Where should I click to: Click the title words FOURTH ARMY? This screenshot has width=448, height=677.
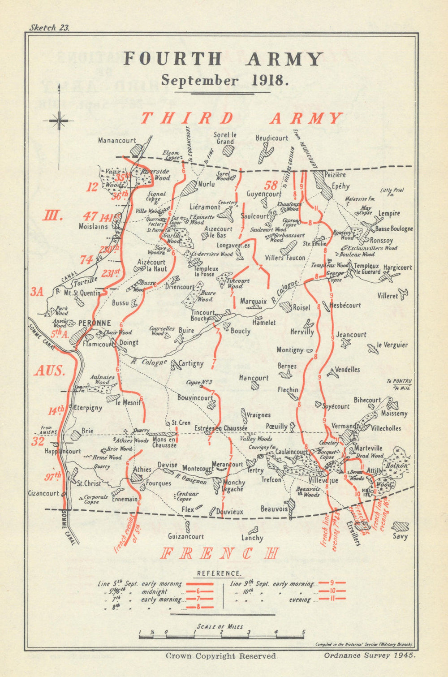[223, 59]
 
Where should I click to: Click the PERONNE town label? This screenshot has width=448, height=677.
[95, 323]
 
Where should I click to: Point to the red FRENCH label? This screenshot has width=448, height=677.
[220, 553]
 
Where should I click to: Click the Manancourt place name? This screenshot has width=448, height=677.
[117, 140]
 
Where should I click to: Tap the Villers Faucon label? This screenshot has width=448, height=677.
[285, 258]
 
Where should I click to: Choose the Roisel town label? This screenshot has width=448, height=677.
[301, 308]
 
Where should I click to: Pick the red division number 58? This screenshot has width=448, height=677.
[271, 185]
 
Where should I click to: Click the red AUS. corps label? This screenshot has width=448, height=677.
[50, 371]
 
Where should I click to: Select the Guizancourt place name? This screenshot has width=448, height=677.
[186, 536]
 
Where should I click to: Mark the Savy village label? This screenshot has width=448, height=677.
[400, 536]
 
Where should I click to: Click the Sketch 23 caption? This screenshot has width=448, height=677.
[49, 27]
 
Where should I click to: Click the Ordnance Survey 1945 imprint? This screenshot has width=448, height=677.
[370, 655]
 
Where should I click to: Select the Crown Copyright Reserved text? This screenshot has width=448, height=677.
[221, 656]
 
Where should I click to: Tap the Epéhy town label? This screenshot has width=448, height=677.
[340, 186]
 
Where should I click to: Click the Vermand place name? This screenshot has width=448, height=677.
[344, 426]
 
